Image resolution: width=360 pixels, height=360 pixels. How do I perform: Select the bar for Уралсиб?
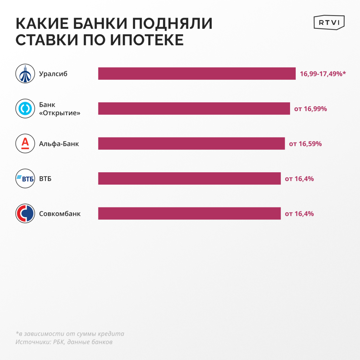click(197, 73)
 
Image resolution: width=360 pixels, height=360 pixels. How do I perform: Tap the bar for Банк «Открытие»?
click(194, 109)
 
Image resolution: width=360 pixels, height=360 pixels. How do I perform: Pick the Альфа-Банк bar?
click(191, 143)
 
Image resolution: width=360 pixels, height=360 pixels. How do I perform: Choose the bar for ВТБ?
click(189, 179)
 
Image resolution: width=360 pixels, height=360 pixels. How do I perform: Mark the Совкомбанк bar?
click(189, 213)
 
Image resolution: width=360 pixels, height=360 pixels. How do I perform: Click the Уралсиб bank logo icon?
click(25, 74)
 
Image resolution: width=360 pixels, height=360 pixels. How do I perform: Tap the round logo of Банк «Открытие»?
click(25, 109)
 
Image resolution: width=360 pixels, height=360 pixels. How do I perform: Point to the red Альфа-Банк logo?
click(25, 143)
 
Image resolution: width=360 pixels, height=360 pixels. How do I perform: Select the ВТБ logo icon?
click(25, 179)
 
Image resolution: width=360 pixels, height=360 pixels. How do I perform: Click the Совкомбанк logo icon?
click(25, 213)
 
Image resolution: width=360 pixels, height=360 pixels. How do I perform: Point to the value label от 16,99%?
click(310, 109)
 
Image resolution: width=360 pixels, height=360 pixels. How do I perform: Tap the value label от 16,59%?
click(305, 143)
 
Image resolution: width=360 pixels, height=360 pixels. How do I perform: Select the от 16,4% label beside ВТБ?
click(299, 179)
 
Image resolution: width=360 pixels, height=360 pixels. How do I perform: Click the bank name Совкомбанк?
click(60, 213)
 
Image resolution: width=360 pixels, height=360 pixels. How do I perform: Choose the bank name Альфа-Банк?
click(59, 143)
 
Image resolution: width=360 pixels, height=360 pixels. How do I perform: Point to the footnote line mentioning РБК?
click(64, 342)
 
